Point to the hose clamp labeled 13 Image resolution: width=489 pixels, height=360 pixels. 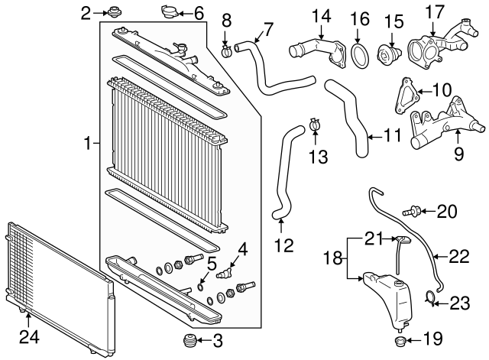[x=315, y=123]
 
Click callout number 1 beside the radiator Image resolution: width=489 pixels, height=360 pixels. [x=88, y=143]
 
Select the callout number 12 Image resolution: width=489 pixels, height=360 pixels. [x=283, y=246]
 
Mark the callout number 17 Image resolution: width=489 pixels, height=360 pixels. [x=434, y=12]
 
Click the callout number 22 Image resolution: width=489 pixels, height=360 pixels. [x=458, y=258]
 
